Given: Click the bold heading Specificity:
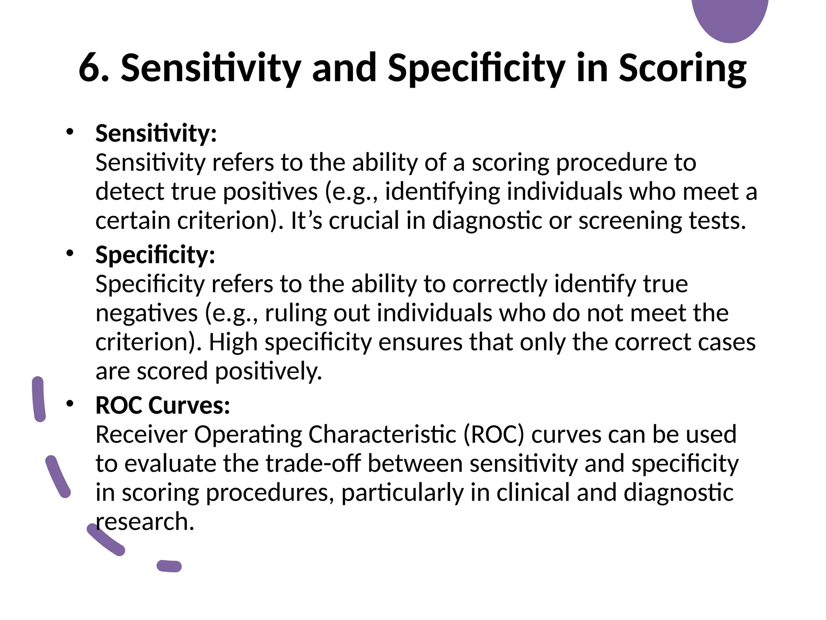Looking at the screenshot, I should (x=155, y=255).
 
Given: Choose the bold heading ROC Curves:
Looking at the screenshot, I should (x=163, y=405).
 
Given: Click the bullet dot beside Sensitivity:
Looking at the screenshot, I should (x=70, y=132).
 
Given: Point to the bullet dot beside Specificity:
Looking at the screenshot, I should (x=70, y=253).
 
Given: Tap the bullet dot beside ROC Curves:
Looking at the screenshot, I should (x=70, y=404).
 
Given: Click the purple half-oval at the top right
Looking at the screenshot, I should (x=730, y=18).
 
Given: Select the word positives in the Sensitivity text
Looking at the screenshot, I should (x=270, y=192).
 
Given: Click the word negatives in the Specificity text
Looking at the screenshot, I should (x=146, y=313).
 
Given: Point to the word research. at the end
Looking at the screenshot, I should (x=145, y=522).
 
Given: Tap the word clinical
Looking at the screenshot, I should (x=532, y=493).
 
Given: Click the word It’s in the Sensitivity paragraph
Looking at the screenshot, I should (x=306, y=221).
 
